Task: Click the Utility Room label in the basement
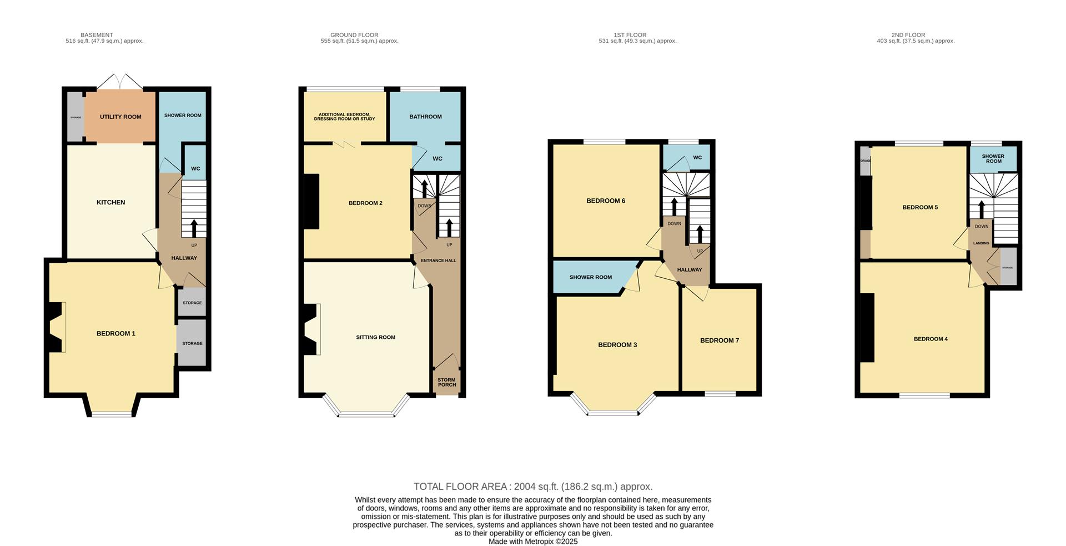[x=120, y=117]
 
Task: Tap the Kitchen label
[x=111, y=202]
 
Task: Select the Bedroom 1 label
[x=116, y=333]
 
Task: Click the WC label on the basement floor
[x=195, y=169]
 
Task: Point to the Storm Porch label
[x=447, y=382]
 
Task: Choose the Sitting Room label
[x=376, y=337]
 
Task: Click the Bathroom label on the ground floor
[x=426, y=117]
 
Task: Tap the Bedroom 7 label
[x=720, y=340]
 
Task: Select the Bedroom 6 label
[x=606, y=201]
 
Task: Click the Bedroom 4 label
[x=931, y=339]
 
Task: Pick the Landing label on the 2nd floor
[x=981, y=243]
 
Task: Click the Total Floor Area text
[x=533, y=487]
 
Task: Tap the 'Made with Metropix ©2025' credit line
[x=533, y=542]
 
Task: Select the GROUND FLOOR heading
[x=354, y=35]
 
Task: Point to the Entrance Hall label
[x=439, y=261]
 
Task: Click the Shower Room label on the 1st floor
[x=591, y=277]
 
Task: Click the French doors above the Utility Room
[x=120, y=82]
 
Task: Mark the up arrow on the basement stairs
[x=194, y=228]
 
